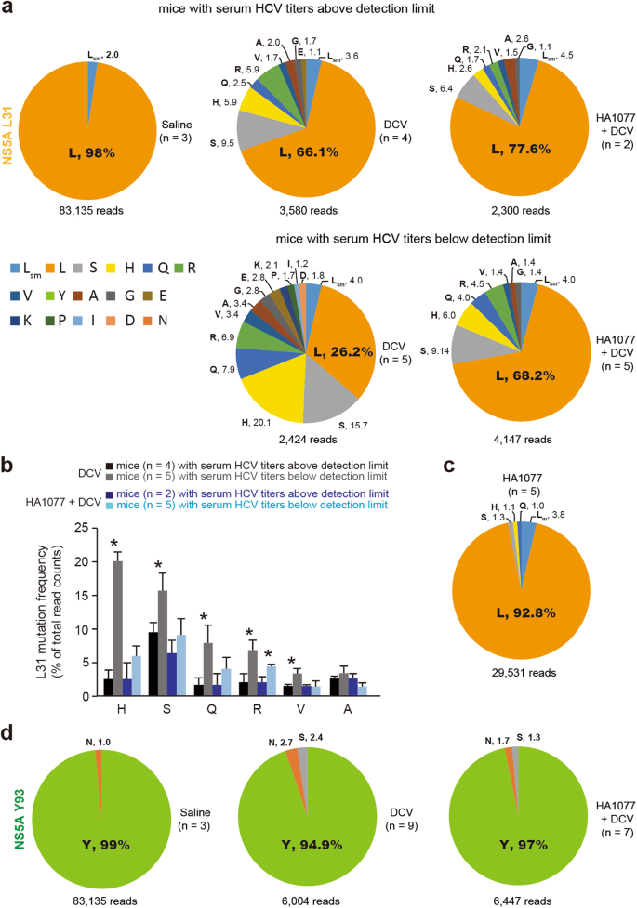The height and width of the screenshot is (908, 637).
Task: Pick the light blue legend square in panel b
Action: coord(111,504)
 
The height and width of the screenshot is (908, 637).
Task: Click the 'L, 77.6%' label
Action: coord(510,146)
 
